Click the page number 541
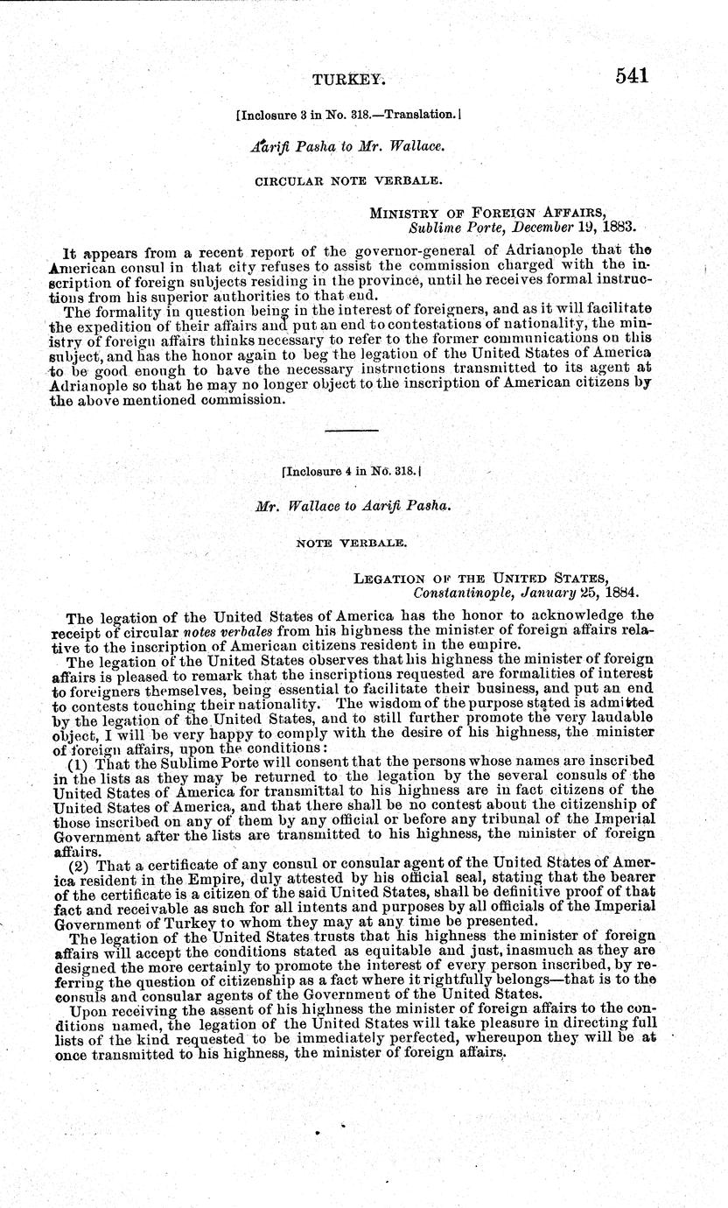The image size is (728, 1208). coord(632,76)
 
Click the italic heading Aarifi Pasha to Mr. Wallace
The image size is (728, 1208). coord(347,146)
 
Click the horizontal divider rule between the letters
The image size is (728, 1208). coord(352,431)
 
